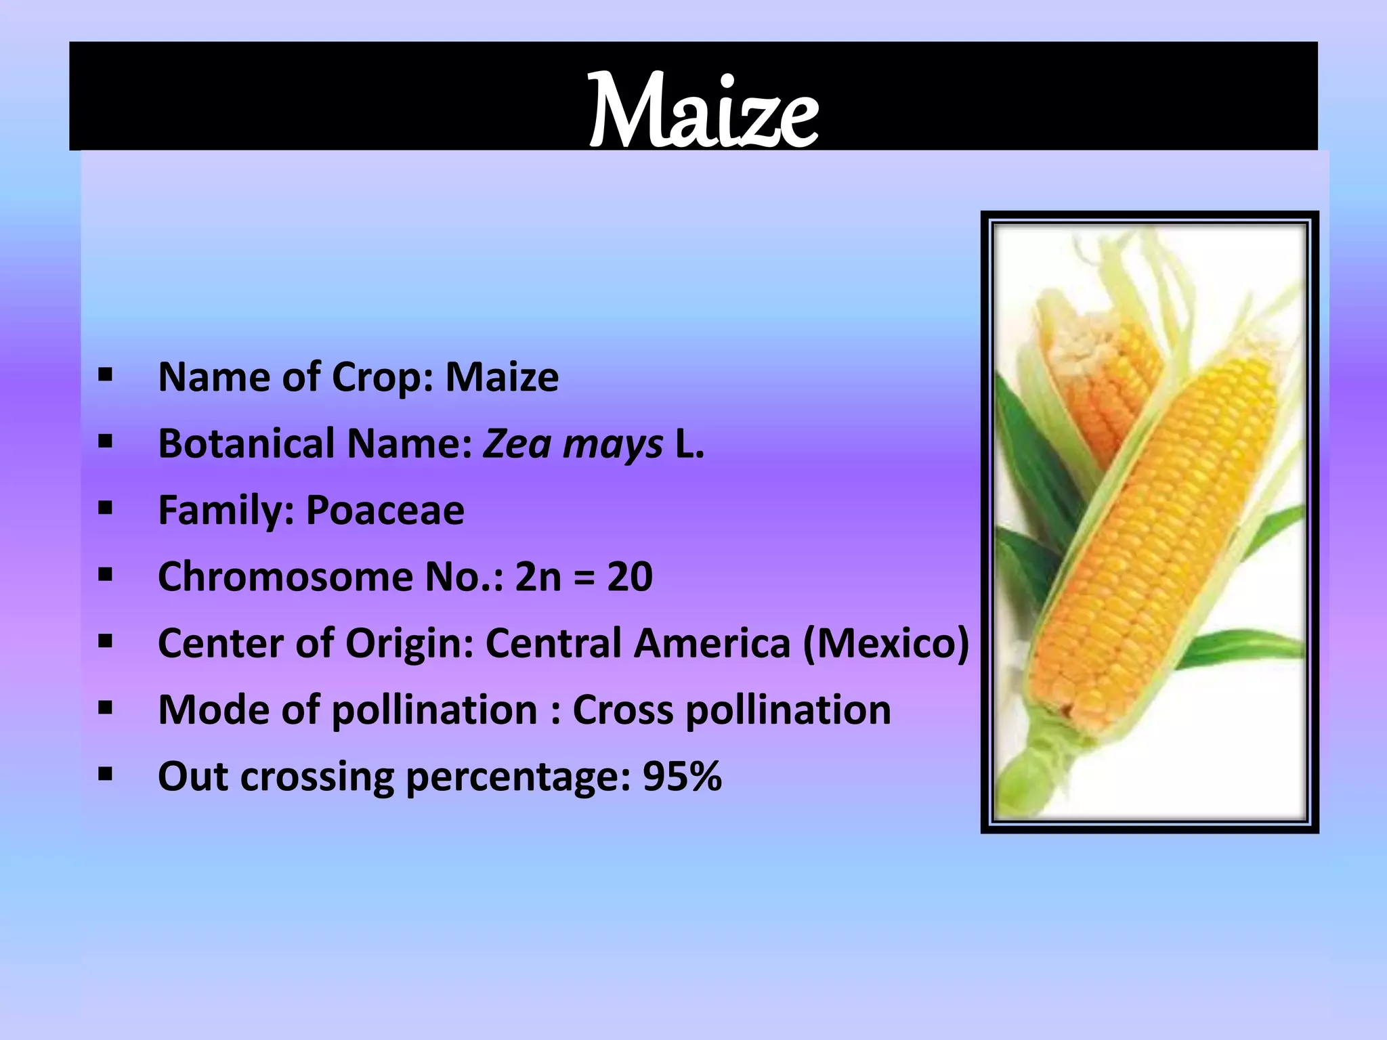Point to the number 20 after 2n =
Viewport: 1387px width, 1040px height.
coord(629,577)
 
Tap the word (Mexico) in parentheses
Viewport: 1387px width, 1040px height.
coord(886,643)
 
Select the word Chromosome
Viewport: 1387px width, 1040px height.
coord(284,577)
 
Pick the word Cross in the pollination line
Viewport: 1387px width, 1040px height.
coord(622,710)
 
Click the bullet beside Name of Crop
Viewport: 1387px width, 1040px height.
coord(105,375)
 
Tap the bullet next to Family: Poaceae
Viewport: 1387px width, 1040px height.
coord(105,508)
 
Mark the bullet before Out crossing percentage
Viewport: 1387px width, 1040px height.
coord(105,775)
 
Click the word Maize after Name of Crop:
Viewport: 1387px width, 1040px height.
coord(502,377)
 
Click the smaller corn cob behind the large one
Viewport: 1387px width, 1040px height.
coord(1101,379)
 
